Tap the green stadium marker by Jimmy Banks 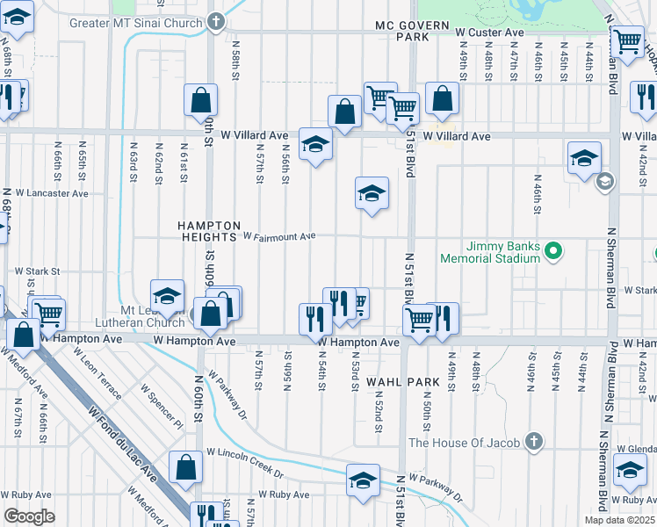click(x=552, y=252)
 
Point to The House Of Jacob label click(x=466, y=442)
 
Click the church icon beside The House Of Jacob click(x=532, y=442)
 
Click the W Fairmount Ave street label click(x=278, y=236)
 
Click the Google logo click(x=29, y=516)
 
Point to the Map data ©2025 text click(x=619, y=520)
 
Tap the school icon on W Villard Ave click(x=315, y=144)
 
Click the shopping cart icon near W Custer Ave click(x=627, y=40)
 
